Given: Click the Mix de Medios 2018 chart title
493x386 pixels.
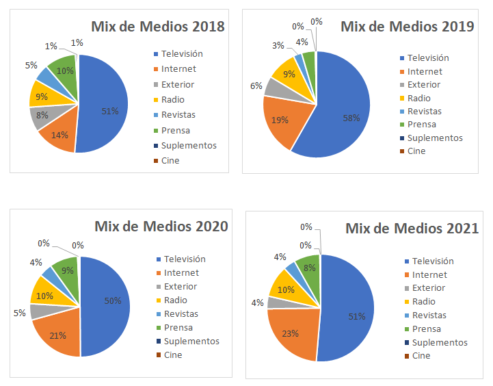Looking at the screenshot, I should pos(158,27).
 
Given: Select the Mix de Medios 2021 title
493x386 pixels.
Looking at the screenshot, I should pos(412,229).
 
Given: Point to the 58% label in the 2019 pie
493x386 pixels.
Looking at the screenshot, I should pos(351,118).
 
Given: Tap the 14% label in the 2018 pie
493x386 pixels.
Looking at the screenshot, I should pos(59,135).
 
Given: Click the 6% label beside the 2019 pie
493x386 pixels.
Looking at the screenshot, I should pos(256,86).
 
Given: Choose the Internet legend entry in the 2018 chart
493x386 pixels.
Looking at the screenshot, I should pos(178,69).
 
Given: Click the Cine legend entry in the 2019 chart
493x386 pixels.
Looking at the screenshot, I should pos(416,151).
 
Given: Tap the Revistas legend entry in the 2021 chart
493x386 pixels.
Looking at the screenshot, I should pos(429,316).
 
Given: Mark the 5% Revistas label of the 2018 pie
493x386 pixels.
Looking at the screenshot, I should pos(31,65).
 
